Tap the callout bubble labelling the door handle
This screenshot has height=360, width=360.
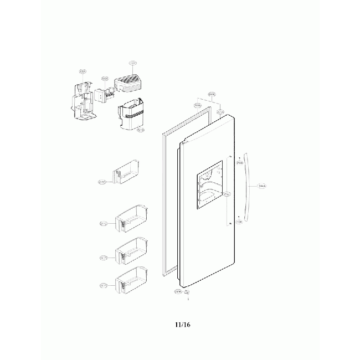click(x=262, y=188)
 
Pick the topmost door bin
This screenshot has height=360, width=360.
click(x=126, y=173)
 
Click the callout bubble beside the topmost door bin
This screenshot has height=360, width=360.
click(x=102, y=181)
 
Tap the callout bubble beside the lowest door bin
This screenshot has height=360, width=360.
click(x=103, y=286)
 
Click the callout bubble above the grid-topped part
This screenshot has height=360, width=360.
click(x=132, y=64)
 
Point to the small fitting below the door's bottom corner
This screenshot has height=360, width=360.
click(x=188, y=292)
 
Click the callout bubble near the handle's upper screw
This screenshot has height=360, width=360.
click(x=240, y=163)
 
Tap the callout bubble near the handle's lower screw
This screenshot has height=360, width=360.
click(x=239, y=222)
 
